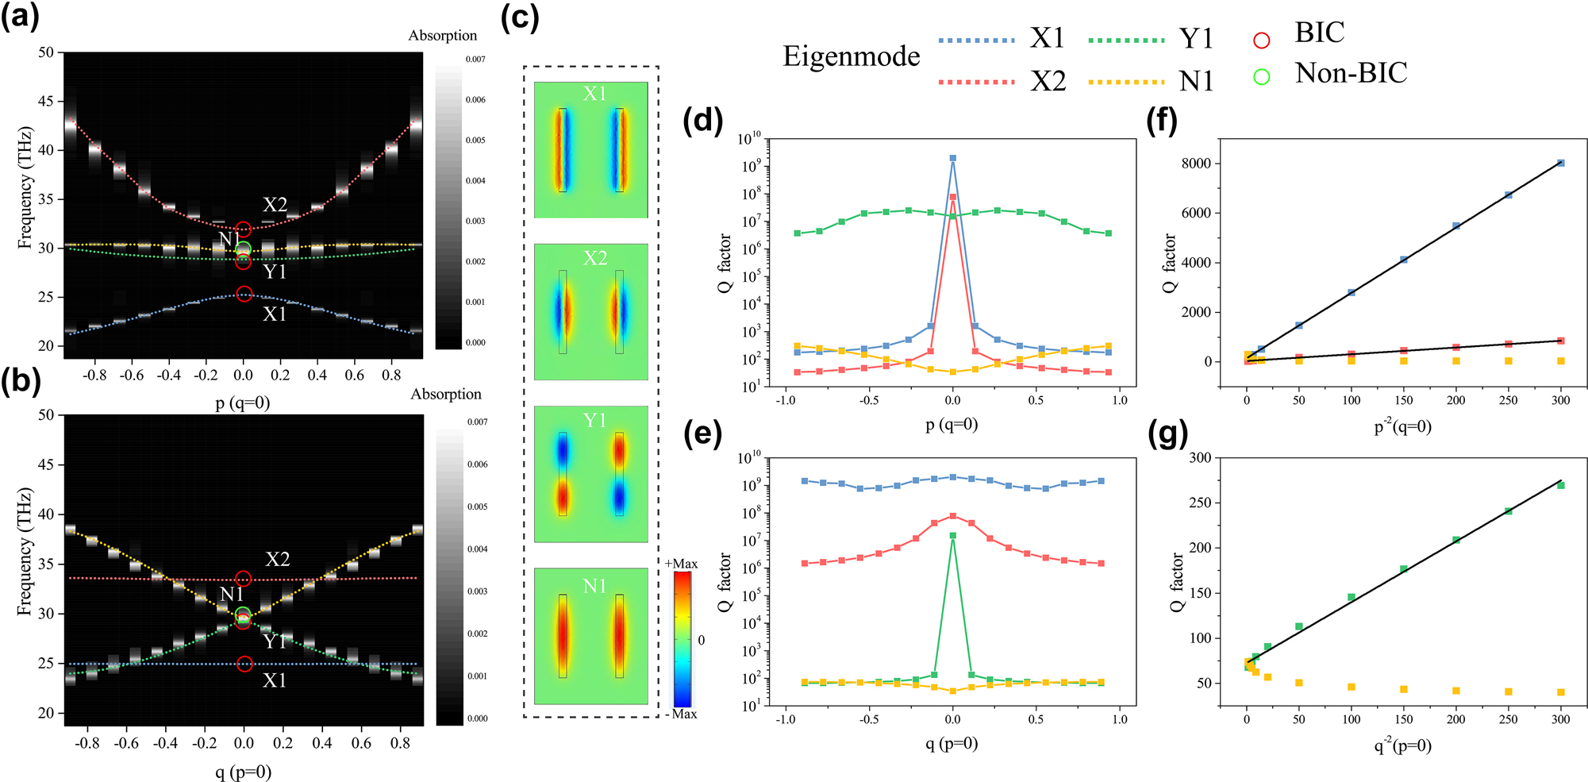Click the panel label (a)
(20, 17)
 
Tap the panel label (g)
(1167, 434)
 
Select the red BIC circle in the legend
(1261, 40)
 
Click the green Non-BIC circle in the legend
(1261, 76)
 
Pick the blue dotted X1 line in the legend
(976, 40)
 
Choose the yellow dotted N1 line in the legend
(1126, 81)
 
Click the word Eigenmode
(851, 56)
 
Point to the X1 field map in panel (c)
(591, 150)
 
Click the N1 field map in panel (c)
(591, 636)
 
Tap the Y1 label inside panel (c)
(594, 420)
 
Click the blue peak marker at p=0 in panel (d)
(953, 159)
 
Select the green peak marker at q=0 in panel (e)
(952, 536)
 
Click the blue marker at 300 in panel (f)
(1560, 164)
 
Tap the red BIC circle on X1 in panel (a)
(244, 295)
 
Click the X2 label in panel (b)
(277, 559)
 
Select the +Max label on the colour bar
(681, 564)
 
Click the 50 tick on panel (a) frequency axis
(46, 52)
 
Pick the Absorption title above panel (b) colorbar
(445, 395)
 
